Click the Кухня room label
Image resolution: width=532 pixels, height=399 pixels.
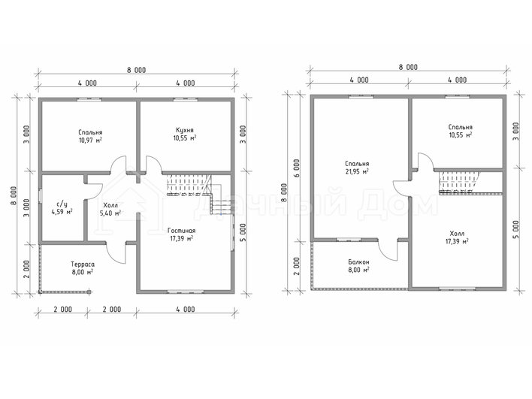(185, 130)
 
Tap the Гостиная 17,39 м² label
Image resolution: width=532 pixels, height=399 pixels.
(182, 234)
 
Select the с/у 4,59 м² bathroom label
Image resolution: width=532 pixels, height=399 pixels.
(62, 208)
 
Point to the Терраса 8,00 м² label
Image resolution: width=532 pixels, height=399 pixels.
(83, 268)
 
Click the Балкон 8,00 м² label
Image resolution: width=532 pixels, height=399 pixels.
(358, 266)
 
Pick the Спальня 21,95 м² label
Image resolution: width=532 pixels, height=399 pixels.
(357, 168)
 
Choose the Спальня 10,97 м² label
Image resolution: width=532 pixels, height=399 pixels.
(90, 136)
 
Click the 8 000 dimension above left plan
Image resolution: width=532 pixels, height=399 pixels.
(137, 70)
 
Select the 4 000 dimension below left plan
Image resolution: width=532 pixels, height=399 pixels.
(186, 309)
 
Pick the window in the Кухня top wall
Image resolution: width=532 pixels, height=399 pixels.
(186, 99)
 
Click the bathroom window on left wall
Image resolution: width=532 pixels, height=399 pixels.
(40, 196)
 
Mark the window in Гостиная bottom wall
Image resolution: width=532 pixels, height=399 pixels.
(186, 291)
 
